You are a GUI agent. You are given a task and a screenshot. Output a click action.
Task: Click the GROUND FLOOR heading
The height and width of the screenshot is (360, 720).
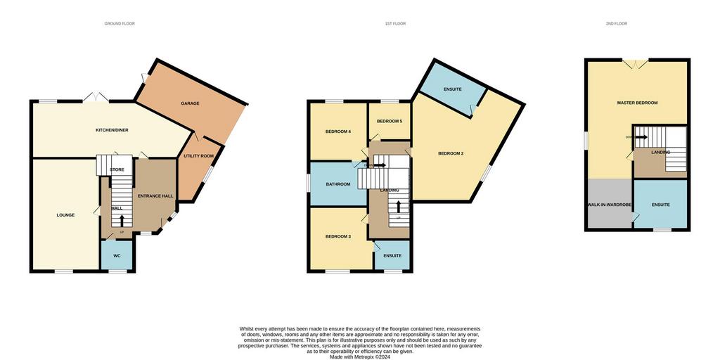[x=120, y=24]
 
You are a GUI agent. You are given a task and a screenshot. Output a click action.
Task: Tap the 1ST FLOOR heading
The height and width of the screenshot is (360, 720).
[x=395, y=24]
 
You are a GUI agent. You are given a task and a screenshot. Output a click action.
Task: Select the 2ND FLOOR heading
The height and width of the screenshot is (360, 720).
[x=616, y=24]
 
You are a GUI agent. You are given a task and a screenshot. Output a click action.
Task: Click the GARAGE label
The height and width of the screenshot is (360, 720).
[x=190, y=103]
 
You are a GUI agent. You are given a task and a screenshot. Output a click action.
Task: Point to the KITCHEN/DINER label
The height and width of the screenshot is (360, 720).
[x=112, y=131]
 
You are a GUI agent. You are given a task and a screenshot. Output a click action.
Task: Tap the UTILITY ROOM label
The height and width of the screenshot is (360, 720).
[x=198, y=156]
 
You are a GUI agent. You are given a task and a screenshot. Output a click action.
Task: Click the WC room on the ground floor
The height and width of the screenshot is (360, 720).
[x=117, y=256]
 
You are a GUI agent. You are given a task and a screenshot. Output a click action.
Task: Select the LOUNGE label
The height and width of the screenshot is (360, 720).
[x=65, y=215]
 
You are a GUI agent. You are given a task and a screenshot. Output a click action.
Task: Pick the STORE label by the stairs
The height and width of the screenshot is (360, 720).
[x=117, y=169]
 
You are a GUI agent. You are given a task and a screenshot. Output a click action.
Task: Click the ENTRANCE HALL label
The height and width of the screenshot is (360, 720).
[x=155, y=196]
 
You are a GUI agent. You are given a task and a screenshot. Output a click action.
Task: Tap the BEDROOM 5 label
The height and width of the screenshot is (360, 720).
[x=390, y=122]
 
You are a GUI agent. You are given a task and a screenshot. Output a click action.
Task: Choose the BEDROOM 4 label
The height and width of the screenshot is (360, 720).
[x=337, y=131]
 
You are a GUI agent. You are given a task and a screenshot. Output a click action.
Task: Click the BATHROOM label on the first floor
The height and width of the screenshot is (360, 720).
[x=337, y=185]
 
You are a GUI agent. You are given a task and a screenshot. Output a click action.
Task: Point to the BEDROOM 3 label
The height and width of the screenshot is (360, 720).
[x=337, y=237]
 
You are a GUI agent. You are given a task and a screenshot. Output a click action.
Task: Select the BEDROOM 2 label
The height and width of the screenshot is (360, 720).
[x=451, y=153]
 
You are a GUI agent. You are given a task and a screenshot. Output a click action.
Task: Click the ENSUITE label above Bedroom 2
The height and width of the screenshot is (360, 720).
[x=452, y=89]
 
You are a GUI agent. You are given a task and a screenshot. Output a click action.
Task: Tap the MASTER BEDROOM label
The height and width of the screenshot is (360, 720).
[x=637, y=103]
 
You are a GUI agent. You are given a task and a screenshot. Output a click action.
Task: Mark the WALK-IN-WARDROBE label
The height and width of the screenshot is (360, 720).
[x=610, y=205]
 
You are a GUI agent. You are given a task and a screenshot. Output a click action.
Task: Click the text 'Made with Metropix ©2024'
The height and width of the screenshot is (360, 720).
[x=360, y=356]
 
